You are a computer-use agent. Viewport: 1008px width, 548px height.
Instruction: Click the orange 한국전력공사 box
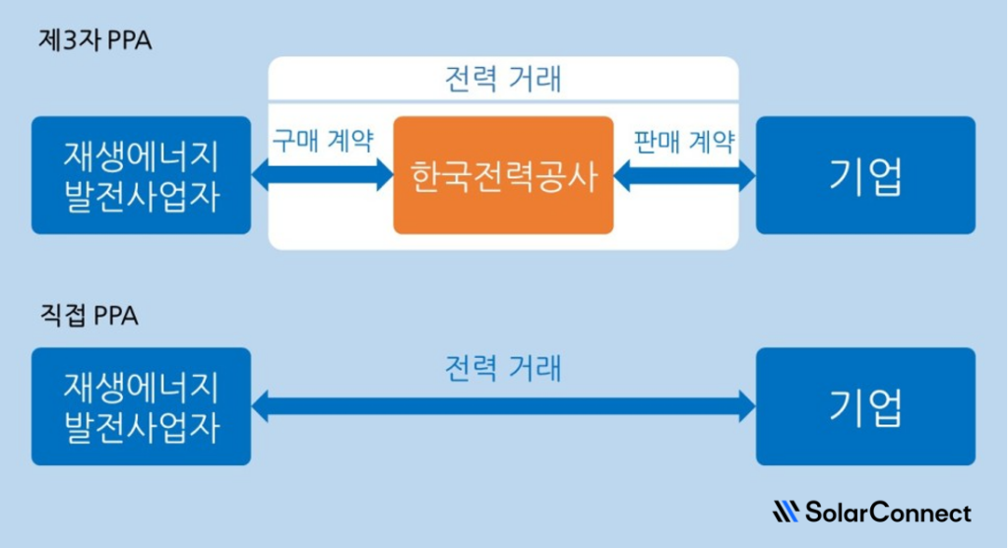[503, 175]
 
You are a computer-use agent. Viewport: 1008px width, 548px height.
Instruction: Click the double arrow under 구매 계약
[323, 176]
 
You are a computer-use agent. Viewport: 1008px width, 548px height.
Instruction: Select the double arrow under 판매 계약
[684, 176]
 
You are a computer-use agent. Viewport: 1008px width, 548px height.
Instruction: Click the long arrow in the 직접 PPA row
[503, 404]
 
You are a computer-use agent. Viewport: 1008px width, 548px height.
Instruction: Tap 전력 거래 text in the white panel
[503, 79]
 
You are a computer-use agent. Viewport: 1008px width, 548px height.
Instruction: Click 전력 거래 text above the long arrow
[503, 369]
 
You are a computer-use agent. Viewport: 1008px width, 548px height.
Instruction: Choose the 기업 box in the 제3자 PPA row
[865, 175]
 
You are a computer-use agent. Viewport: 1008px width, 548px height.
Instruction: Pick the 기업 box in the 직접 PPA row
[865, 405]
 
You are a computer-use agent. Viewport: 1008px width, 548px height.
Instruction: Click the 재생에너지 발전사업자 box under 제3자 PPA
[141, 175]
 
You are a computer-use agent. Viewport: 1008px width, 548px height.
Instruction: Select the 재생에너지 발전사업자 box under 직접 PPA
[141, 405]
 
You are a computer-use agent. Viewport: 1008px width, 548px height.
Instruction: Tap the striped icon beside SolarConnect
[787, 513]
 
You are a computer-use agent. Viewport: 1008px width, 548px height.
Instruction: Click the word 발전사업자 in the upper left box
[141, 196]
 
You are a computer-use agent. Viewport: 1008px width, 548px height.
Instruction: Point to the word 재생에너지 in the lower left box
[141, 385]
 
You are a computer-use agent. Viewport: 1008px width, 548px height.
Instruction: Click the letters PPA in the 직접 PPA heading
[116, 317]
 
